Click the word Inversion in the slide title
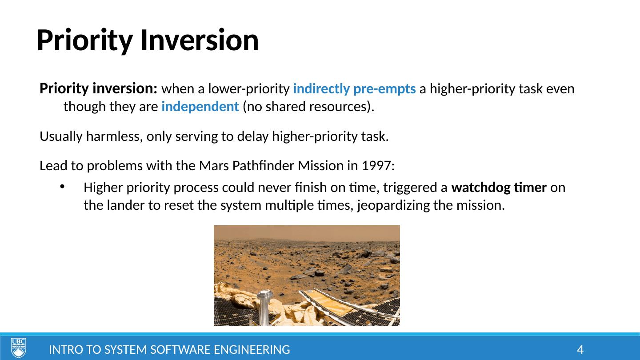[x=200, y=40]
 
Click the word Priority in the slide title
[x=85, y=41]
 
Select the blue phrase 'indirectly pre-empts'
[x=354, y=88]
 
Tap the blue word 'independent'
[x=200, y=107]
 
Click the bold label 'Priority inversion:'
[x=98, y=88]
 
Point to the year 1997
[x=378, y=166]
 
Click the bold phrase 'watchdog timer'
[x=499, y=188]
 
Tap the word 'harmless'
[x=114, y=136]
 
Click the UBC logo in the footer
[x=19, y=348]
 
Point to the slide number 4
[x=580, y=350]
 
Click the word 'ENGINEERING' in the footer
[x=252, y=350]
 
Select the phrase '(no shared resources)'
[x=307, y=107]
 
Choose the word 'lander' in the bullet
[x=126, y=205]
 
